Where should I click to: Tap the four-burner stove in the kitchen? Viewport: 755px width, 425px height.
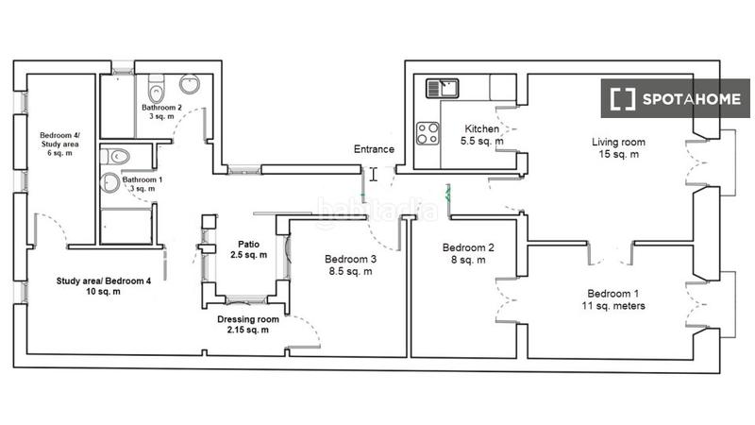coord(428,131)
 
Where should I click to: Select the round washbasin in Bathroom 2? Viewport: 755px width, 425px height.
coord(190,84)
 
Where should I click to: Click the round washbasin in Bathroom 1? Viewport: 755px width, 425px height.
coord(111,182)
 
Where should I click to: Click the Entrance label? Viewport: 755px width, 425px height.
coord(374,149)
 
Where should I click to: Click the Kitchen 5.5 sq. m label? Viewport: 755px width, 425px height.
coord(481,135)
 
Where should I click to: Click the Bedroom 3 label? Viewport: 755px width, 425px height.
coord(350,260)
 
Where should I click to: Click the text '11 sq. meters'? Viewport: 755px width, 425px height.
coord(613,305)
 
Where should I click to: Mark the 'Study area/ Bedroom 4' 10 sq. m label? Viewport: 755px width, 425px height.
coord(90,285)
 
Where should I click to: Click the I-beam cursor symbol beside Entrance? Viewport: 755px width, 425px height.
coord(374,174)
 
